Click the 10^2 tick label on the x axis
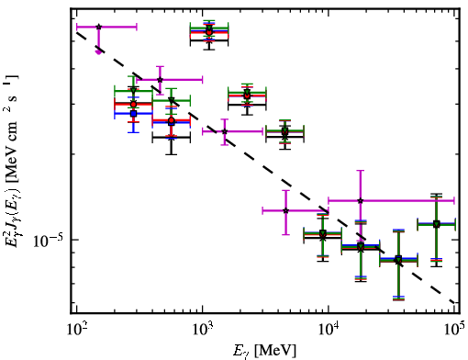76,330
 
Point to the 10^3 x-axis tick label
202,330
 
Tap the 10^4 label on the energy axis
329,330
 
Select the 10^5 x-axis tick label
454,330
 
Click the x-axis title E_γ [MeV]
264,351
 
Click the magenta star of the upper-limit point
98,27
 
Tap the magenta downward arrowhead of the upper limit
98,52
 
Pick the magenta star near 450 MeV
160,80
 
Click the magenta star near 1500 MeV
225,131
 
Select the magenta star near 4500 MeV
285,210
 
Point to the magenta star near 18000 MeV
361,201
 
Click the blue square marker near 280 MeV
133,114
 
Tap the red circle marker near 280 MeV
133,105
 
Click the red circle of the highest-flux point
209,32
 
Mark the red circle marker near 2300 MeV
247,96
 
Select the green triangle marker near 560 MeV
172,100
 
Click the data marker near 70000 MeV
437,224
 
